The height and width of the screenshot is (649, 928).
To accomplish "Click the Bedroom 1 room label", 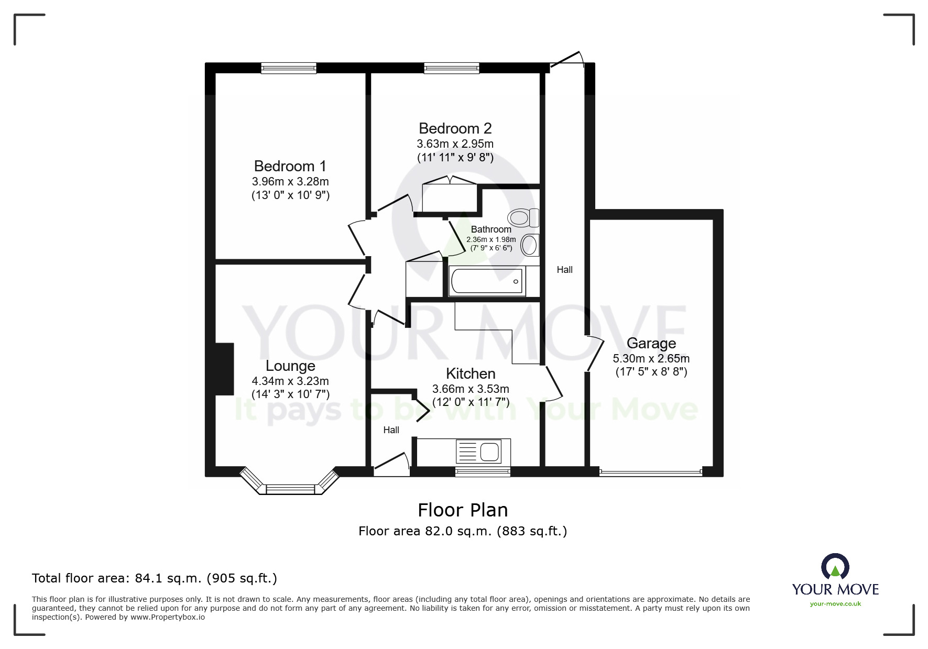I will pyautogui.click(x=290, y=166).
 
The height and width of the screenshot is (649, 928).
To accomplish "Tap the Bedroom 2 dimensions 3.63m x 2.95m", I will pyautogui.click(x=455, y=144).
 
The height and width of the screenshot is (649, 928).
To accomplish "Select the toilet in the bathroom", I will pyautogui.click(x=523, y=217).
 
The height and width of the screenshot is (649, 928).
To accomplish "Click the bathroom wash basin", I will pyautogui.click(x=530, y=245).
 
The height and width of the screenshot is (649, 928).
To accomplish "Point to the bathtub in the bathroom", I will pyautogui.click(x=487, y=281).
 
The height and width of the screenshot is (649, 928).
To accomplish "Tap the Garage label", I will pyautogui.click(x=651, y=343).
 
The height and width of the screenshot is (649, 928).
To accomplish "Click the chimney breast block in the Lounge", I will pyautogui.click(x=224, y=369).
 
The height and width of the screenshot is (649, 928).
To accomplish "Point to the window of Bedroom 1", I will pyautogui.click(x=289, y=68).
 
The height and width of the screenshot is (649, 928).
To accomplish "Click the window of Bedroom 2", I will pyautogui.click(x=451, y=68).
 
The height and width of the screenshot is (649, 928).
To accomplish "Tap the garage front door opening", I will pyautogui.click(x=650, y=472).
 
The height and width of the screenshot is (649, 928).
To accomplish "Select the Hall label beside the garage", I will pyautogui.click(x=564, y=270).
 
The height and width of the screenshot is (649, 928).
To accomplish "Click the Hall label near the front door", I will pyautogui.click(x=391, y=430).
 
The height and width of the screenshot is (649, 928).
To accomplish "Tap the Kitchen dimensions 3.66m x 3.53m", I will pyautogui.click(x=470, y=389).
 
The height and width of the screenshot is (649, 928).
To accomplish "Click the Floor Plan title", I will pyautogui.click(x=462, y=510).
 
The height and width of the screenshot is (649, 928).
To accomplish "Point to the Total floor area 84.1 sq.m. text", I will pyautogui.click(x=154, y=578).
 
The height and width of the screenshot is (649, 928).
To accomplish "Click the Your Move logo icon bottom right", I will pyautogui.click(x=835, y=567).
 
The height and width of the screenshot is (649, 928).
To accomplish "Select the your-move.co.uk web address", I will pyautogui.click(x=835, y=604).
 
